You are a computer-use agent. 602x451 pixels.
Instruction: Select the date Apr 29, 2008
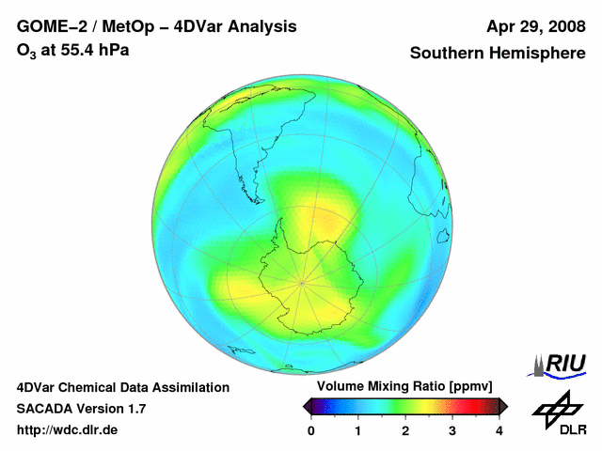(x=536, y=27)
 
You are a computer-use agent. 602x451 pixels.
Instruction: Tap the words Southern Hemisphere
(x=498, y=53)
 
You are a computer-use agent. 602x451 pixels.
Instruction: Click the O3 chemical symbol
(x=26, y=51)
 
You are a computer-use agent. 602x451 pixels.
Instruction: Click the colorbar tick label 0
(x=311, y=431)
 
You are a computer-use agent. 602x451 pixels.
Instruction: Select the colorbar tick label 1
(x=357, y=431)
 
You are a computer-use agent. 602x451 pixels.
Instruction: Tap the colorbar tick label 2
(x=405, y=431)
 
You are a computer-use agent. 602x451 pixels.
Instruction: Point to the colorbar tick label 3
(x=452, y=431)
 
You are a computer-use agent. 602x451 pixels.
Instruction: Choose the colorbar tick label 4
(x=499, y=431)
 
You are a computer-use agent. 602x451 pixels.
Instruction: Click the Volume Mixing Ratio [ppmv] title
(x=404, y=386)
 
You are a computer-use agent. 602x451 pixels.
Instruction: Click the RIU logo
(x=557, y=365)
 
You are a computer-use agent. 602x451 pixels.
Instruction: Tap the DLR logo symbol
(x=558, y=410)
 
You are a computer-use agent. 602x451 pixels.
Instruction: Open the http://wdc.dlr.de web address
(x=67, y=429)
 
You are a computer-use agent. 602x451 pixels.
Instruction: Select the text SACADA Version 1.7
(x=82, y=409)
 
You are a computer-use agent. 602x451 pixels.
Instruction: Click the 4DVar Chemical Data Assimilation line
(x=123, y=387)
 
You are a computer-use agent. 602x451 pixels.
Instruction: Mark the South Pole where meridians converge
(x=302, y=284)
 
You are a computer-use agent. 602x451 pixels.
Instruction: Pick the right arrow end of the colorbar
(x=503, y=407)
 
